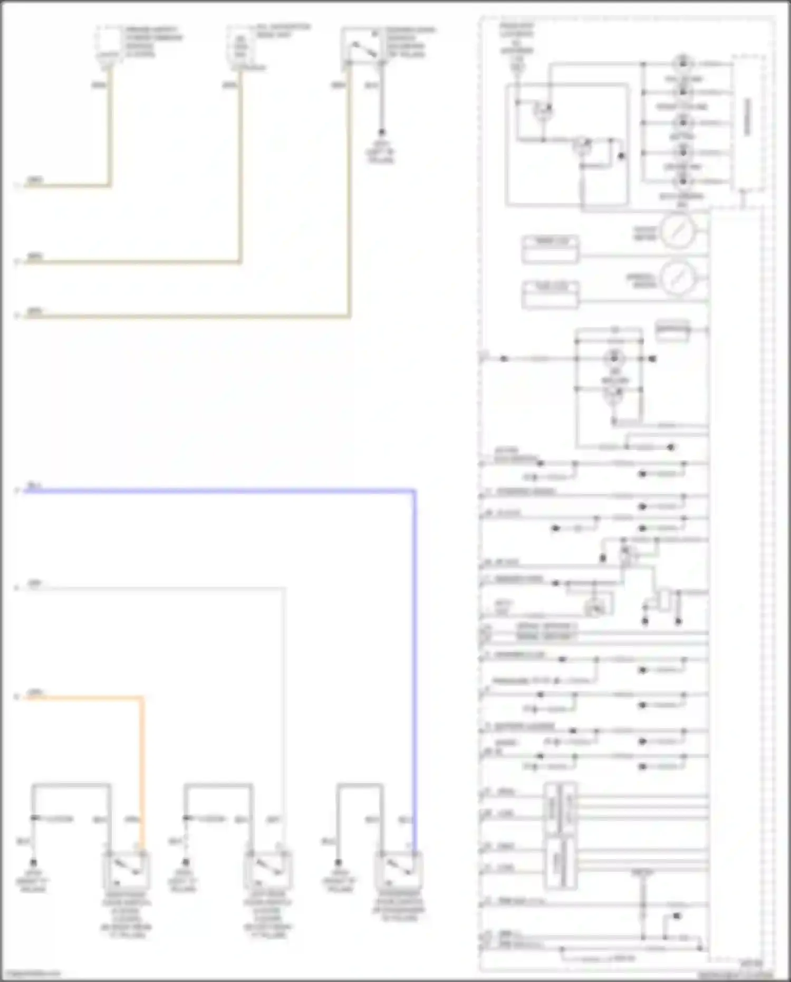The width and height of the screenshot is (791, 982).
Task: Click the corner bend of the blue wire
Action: [x=414, y=491]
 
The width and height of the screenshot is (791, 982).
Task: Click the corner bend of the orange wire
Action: [x=141, y=698]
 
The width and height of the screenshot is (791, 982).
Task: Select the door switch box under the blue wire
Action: [x=398, y=869]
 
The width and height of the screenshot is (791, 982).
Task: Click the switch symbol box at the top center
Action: [x=362, y=45]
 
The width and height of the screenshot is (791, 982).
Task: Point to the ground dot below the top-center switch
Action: [x=381, y=132]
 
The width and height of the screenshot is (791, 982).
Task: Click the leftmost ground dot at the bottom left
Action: [x=33, y=862]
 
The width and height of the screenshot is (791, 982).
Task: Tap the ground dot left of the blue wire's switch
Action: [x=339, y=862]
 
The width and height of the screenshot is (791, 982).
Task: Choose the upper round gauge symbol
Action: [x=678, y=231]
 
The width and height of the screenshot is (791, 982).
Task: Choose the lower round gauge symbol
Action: [x=678, y=278]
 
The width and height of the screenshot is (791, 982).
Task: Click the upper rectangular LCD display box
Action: [x=550, y=249]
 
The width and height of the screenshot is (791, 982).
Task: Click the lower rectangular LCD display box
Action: [x=550, y=294]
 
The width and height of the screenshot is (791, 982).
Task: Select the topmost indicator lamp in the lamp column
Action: [x=683, y=63]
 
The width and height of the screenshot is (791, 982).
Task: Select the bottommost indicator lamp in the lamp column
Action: [x=683, y=181]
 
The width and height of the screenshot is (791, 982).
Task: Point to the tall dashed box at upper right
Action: [x=748, y=122]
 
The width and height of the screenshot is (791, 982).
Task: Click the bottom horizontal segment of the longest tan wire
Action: [x=185, y=317]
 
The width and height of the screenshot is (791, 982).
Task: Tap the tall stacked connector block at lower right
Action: [x=560, y=836]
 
